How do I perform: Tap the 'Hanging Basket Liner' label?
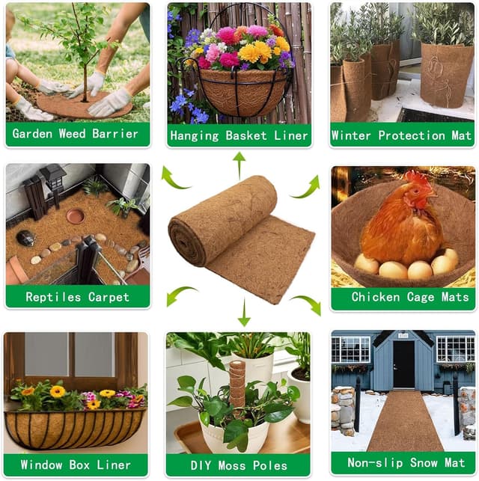coord(239,135)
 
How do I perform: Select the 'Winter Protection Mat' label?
coord(402,135)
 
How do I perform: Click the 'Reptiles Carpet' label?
coord(78,297)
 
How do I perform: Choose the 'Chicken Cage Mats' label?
coord(403,297)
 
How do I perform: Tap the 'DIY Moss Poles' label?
coord(239,465)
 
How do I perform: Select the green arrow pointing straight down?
coord(244,313)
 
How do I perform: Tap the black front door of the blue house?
coord(403,364)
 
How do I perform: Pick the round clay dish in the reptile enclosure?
coord(75,216)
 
